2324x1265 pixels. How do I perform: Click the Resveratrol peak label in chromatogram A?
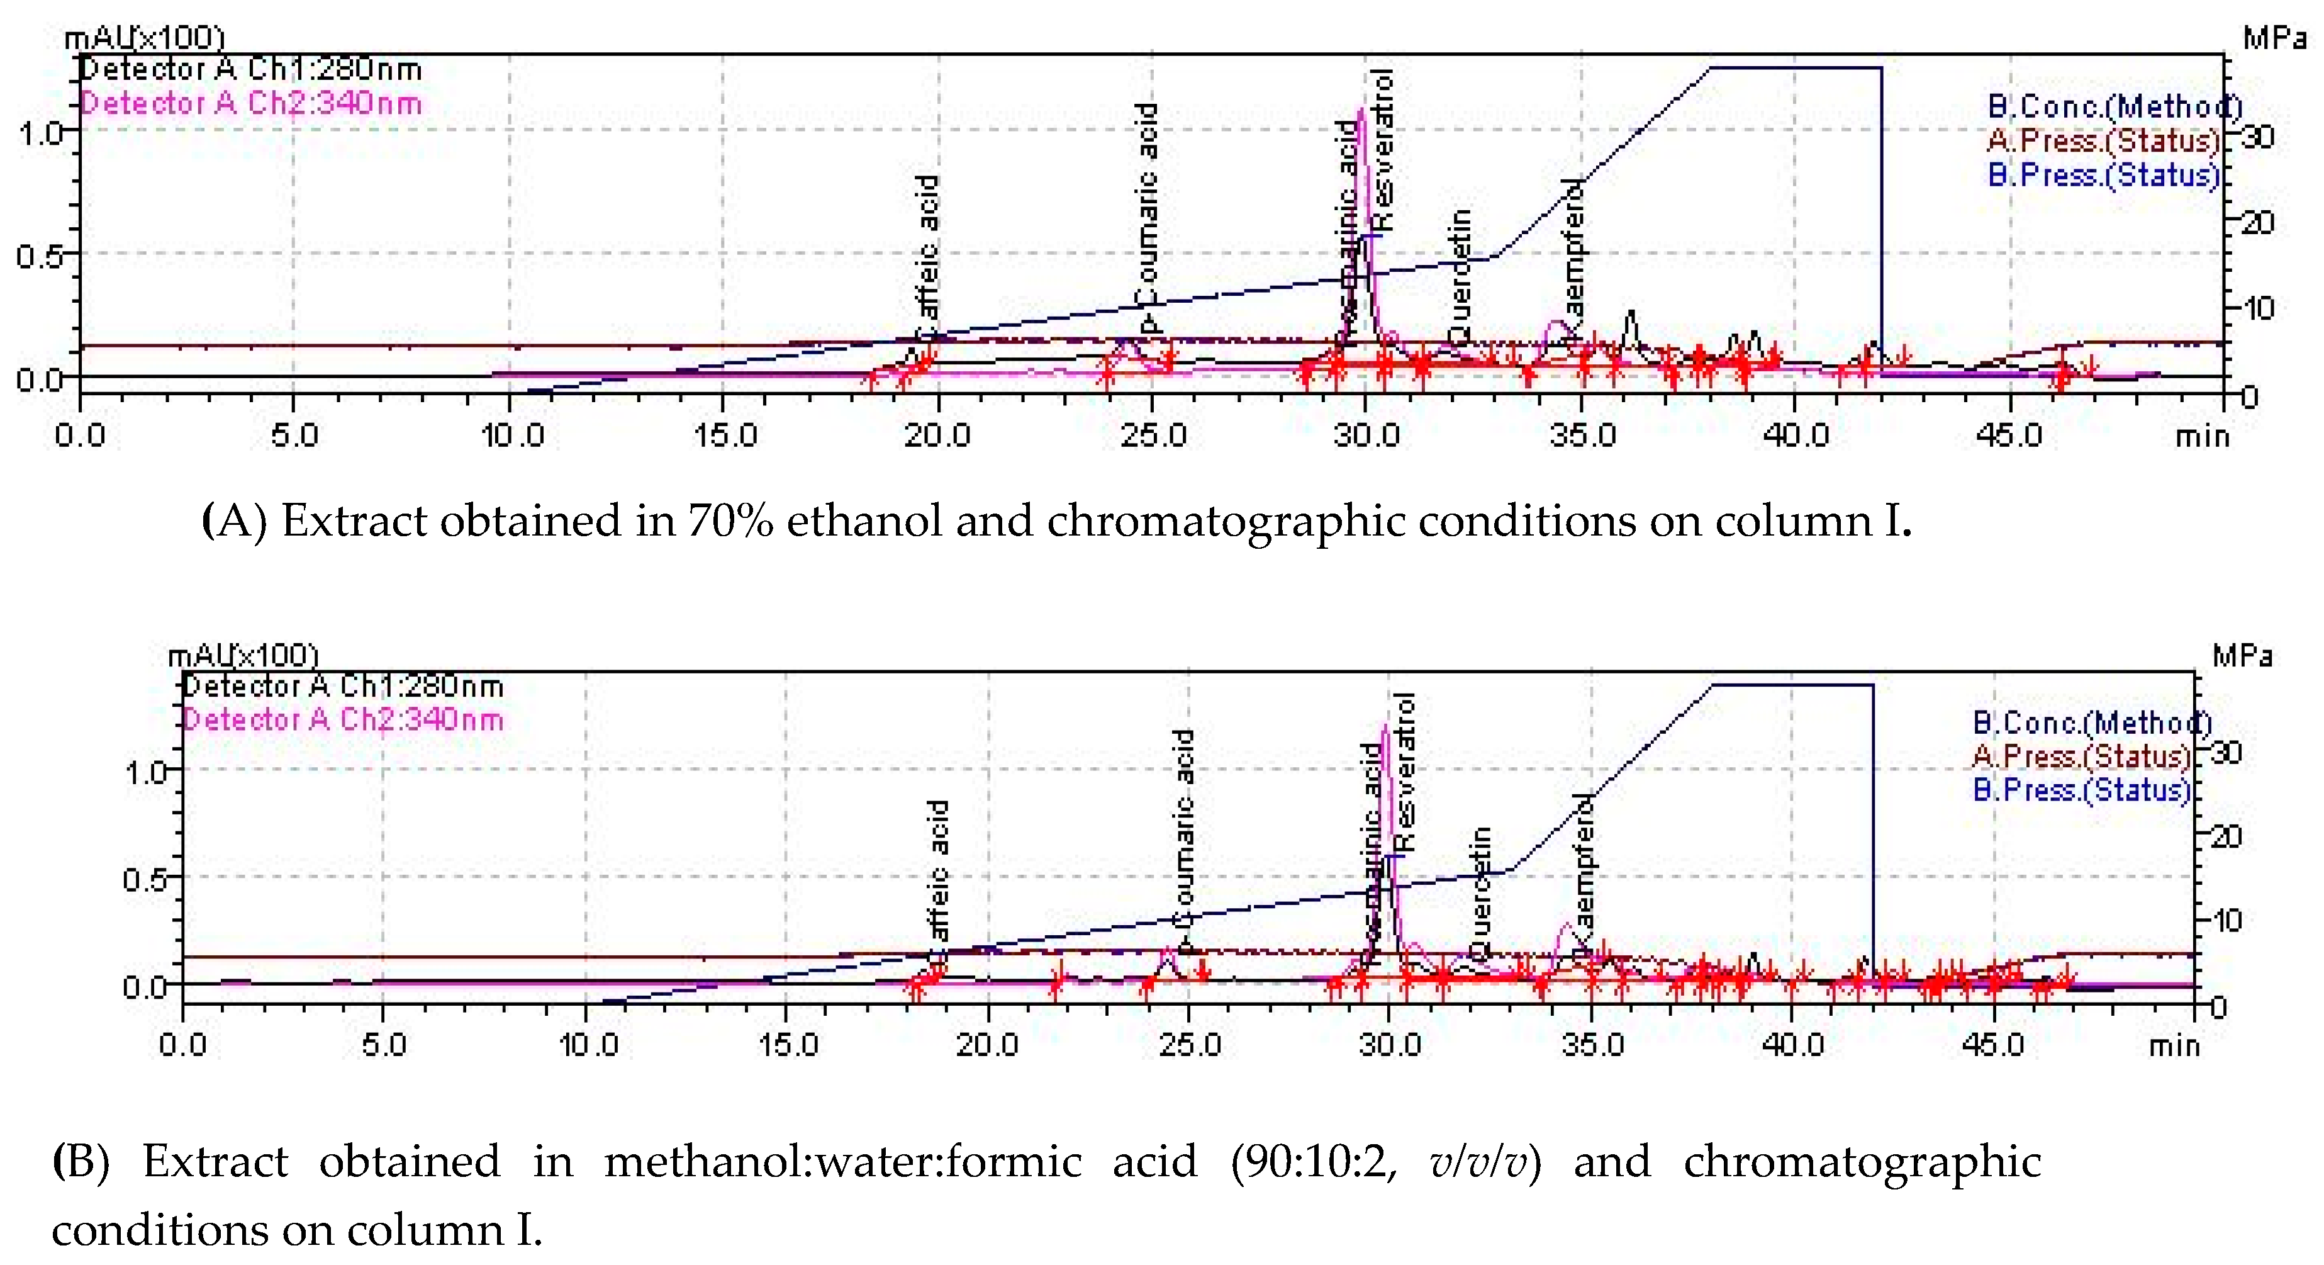(x=1381, y=149)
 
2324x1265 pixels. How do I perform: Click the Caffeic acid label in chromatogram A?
(x=927, y=248)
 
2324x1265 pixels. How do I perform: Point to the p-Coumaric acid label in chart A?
(x=1147, y=216)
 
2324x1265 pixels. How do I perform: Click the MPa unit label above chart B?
(x=2243, y=656)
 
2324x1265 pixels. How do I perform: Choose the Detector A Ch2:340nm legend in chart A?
(x=252, y=103)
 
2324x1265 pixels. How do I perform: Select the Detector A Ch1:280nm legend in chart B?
(x=343, y=686)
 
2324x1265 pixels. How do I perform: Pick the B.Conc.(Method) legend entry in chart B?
(x=2092, y=722)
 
